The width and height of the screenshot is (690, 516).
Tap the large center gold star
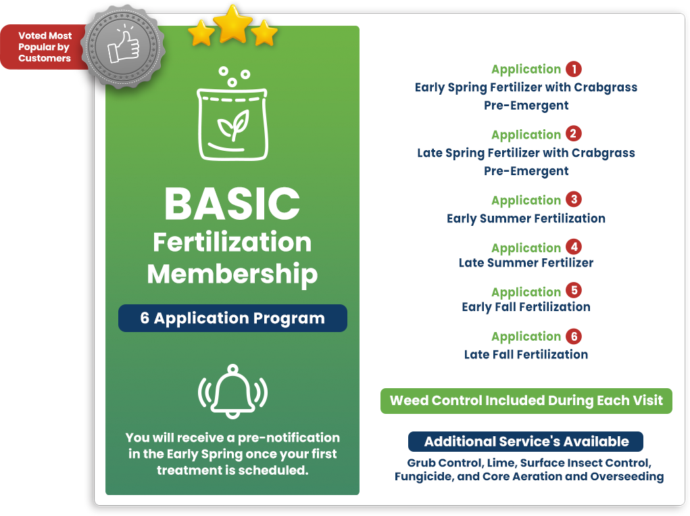(x=232, y=24)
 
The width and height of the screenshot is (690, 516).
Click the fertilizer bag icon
(x=232, y=114)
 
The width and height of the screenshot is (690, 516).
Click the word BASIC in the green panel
(x=232, y=204)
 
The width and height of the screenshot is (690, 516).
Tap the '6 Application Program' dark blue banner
(x=232, y=318)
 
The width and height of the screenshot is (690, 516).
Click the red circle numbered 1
(x=574, y=69)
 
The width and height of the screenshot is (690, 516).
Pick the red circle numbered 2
(x=574, y=134)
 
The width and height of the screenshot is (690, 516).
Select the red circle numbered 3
(x=574, y=200)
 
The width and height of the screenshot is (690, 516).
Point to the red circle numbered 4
(x=574, y=247)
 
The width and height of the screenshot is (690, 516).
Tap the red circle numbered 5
(x=574, y=291)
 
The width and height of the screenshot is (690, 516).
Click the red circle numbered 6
(x=574, y=337)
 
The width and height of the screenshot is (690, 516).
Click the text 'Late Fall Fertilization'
(x=526, y=354)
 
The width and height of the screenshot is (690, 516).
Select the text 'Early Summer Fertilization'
(x=526, y=219)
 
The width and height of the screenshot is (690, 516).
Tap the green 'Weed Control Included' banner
(x=526, y=400)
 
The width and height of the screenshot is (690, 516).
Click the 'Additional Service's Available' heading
(x=526, y=442)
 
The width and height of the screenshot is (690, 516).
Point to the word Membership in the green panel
(x=232, y=275)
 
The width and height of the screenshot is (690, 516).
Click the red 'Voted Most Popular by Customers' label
(x=45, y=47)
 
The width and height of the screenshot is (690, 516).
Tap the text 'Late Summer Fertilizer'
(x=526, y=263)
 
